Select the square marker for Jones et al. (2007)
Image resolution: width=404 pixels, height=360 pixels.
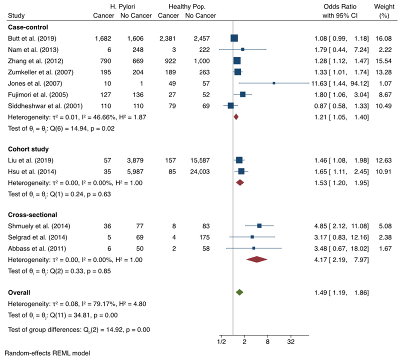(x=274, y=83)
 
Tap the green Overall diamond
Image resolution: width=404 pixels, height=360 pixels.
(x=239, y=291)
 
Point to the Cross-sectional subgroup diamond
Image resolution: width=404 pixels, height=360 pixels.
(x=257, y=259)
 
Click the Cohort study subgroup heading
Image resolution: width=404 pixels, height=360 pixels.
(x=29, y=149)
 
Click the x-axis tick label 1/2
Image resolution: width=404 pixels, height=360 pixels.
(x=221, y=341)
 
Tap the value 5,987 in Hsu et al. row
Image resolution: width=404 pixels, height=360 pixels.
(x=132, y=171)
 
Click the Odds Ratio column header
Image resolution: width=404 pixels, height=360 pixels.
(x=339, y=6)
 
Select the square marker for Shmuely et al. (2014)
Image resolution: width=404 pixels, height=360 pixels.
(x=259, y=226)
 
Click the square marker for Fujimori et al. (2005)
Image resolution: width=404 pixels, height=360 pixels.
(x=242, y=94)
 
